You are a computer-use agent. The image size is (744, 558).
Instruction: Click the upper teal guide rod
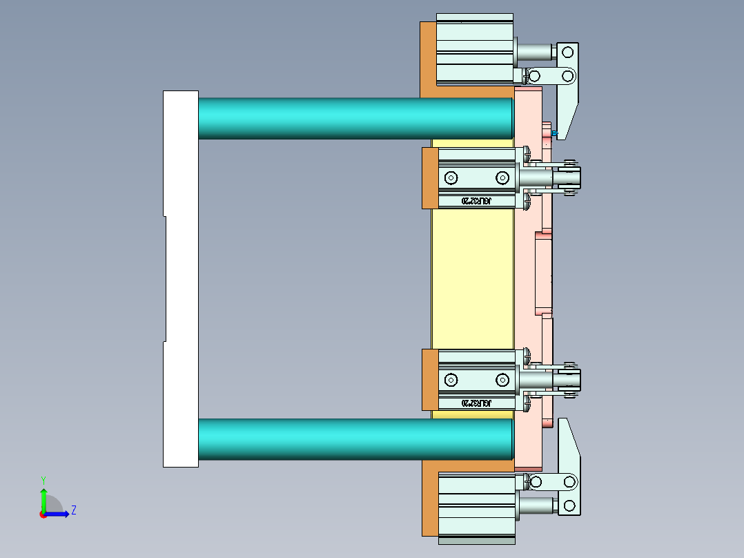coord(355,117)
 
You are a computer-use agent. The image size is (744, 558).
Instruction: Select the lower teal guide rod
coord(355,439)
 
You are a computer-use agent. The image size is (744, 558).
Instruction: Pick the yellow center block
coord(473,276)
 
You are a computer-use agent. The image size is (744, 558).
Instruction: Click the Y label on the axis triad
coord(43,479)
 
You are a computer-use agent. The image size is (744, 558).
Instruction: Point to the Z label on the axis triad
coord(73,510)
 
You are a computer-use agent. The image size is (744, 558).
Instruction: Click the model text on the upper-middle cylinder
coord(476,201)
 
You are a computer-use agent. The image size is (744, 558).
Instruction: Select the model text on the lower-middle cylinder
coord(476,403)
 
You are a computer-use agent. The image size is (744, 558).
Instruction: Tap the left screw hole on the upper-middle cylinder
coord(451,178)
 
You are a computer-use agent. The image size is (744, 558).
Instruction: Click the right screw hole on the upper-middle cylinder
coord(502,178)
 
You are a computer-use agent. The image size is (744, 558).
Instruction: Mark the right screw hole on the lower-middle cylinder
coord(502,380)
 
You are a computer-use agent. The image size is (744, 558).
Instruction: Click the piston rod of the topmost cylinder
coord(535,52)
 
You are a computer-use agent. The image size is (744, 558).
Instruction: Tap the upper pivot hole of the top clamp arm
coord(568,52)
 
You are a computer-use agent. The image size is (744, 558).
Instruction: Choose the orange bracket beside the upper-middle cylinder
coord(429,178)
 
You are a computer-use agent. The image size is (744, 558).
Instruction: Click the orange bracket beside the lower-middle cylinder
coord(429,380)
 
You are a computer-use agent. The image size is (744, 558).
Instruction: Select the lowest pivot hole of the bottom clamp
coord(569,506)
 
